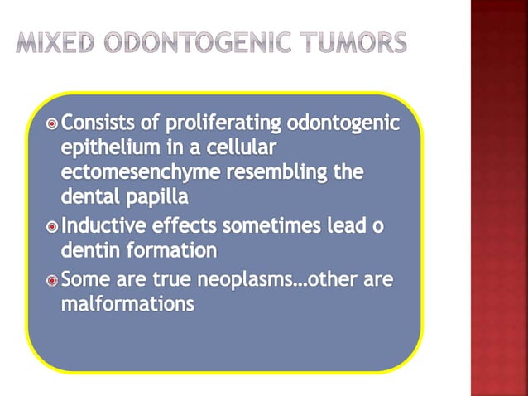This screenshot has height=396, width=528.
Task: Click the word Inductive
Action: (x=108, y=225)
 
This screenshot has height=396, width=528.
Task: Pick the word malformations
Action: (x=127, y=304)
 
